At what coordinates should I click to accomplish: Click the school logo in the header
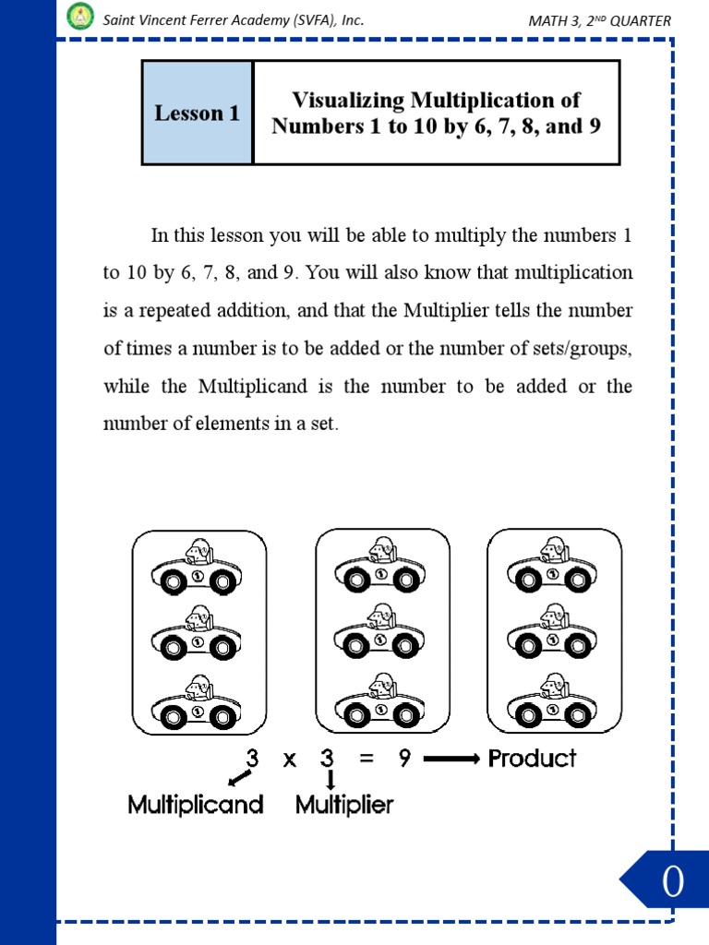coord(80,16)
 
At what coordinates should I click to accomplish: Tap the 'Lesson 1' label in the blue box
coord(197,114)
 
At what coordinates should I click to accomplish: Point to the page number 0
coord(672,883)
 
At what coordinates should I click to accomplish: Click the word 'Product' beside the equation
coord(532,759)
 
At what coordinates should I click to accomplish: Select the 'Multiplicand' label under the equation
coord(196,805)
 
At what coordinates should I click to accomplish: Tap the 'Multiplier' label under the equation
coord(344,805)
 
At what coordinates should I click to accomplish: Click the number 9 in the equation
coord(404,759)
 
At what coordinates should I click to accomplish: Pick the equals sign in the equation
coord(367,759)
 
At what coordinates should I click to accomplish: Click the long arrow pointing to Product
coord(451,759)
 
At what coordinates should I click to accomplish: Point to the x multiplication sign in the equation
coord(290,760)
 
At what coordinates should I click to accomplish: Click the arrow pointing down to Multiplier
coord(330,781)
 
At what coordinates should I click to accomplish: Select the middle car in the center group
coord(379,633)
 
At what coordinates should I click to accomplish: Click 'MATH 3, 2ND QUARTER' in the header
coord(599,20)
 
